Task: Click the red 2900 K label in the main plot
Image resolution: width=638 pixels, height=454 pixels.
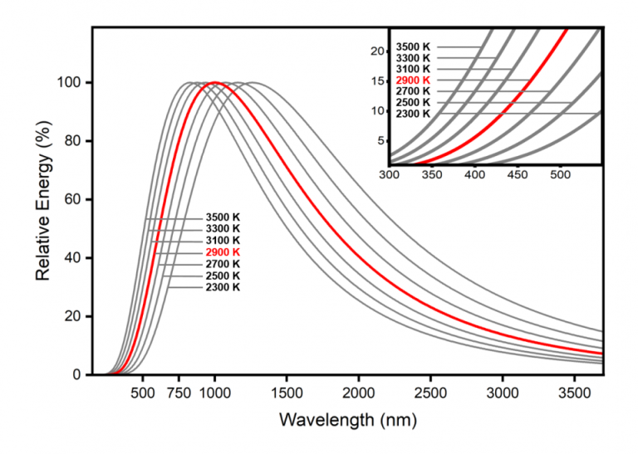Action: pos(223,251)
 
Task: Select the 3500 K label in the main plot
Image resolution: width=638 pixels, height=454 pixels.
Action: pos(223,217)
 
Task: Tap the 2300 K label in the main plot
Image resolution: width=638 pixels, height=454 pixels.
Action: pos(223,287)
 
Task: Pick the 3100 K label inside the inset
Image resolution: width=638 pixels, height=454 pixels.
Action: pos(413,69)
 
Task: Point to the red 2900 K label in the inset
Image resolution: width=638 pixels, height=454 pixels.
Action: pos(413,80)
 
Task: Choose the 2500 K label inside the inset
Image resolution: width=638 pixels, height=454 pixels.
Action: pos(413,102)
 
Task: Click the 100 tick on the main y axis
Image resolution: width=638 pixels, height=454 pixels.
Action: pos(72,83)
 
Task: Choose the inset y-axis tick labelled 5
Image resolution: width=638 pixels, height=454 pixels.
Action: pos(381,140)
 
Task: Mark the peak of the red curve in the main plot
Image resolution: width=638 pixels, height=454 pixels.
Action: pos(215,82)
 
